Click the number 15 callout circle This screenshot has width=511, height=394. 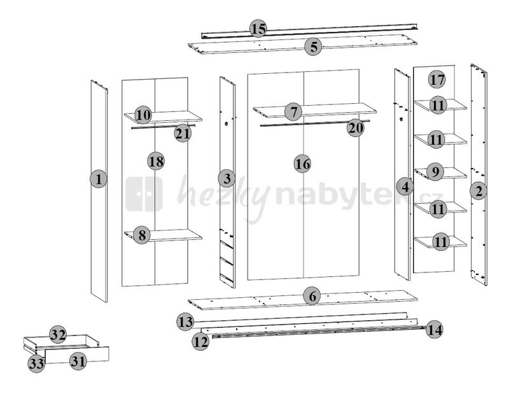(x=258, y=29)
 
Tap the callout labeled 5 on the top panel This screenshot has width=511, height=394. (x=313, y=47)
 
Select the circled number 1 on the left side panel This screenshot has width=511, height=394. (x=99, y=179)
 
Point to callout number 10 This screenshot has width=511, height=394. (x=143, y=115)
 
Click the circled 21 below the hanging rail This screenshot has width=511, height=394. (x=183, y=133)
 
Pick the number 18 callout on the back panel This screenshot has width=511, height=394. (x=156, y=161)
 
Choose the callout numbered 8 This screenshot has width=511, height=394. (x=142, y=235)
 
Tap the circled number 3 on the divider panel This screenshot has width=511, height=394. (x=227, y=178)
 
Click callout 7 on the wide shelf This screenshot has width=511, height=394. (x=293, y=112)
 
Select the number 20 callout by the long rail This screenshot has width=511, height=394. (x=356, y=128)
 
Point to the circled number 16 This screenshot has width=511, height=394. (x=302, y=164)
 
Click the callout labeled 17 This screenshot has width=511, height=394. (x=437, y=79)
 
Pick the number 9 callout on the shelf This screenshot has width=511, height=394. (x=435, y=172)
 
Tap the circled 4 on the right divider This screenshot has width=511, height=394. (x=405, y=186)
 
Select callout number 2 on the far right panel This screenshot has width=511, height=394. (x=479, y=191)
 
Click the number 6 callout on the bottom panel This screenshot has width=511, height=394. (x=312, y=296)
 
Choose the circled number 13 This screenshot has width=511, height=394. (x=185, y=322)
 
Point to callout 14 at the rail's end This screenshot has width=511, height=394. (x=435, y=330)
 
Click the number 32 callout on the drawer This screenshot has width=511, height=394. (x=58, y=335)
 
